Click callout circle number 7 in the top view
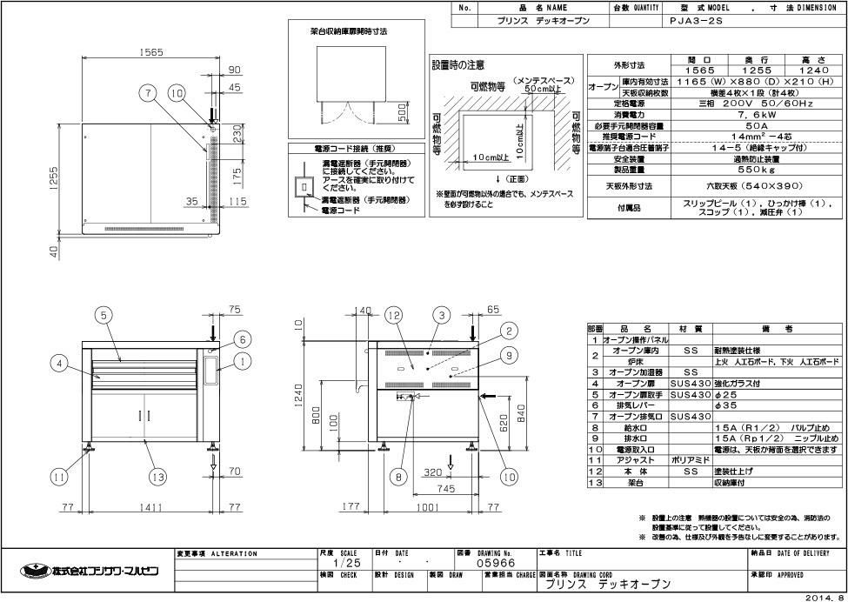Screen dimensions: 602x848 (x=149, y=92)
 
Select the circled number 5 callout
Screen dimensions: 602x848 (x=104, y=316)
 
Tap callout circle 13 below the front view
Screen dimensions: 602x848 (x=157, y=476)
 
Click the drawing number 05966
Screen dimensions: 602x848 (x=491, y=563)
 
